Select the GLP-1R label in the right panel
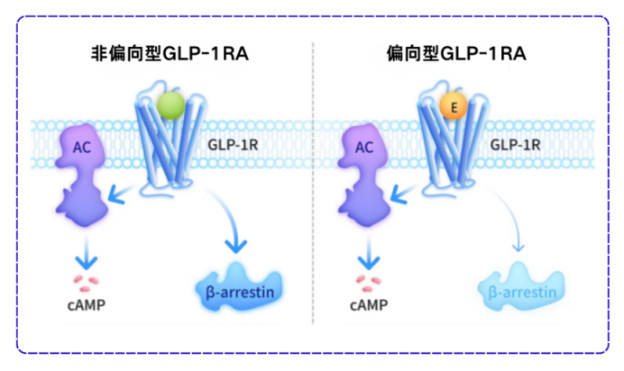pyautogui.click(x=515, y=143)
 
